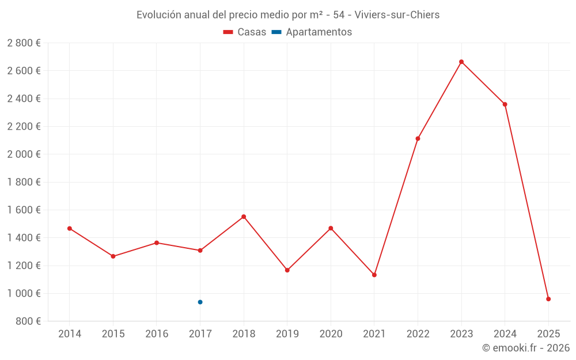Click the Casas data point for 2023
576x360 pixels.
[461, 62]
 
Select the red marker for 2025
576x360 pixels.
[548, 299]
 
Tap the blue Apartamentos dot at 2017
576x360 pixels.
[200, 302]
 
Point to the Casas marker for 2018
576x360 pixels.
[244, 217]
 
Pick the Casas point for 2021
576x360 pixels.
[374, 275]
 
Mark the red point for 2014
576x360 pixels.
[70, 229]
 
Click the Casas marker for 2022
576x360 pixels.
[418, 138]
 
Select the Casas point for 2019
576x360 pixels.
[287, 270]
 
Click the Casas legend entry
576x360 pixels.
[245, 32]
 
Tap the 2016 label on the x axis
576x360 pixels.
[157, 334]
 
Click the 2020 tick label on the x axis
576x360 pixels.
[331, 334]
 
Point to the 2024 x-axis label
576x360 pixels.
[505, 334]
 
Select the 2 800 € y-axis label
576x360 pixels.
[24, 43]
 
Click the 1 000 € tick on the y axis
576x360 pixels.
[24, 293]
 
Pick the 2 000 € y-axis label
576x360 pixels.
[24, 154]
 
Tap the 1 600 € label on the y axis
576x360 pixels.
[24, 210]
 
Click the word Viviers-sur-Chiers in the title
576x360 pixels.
[398, 15]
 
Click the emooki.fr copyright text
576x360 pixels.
[526, 348]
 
